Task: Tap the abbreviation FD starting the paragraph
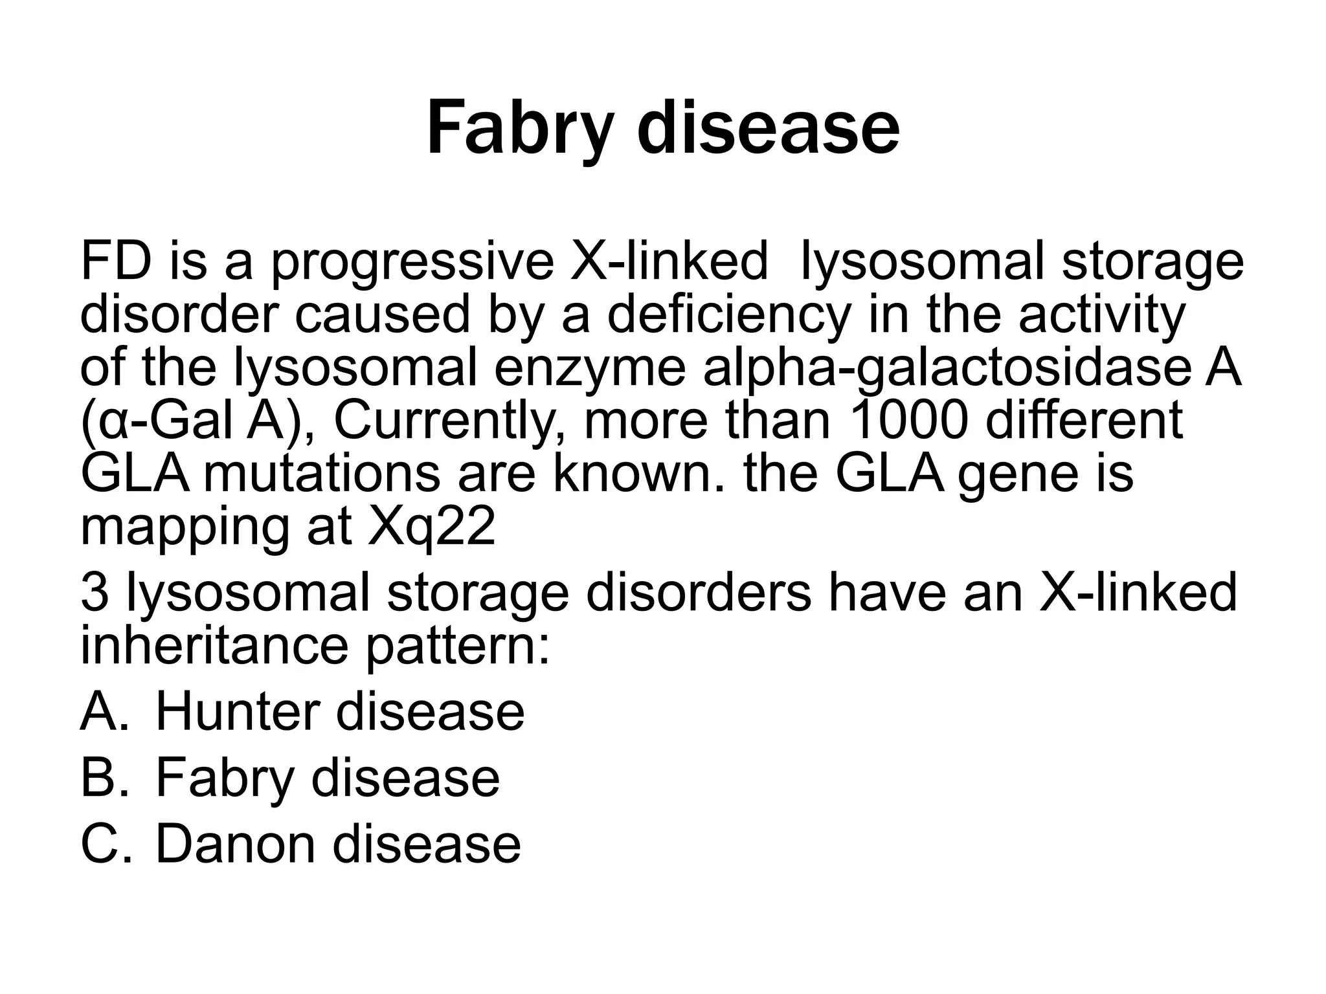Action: (116, 261)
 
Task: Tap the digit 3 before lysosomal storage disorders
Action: (94, 591)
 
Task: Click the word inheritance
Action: (214, 645)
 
